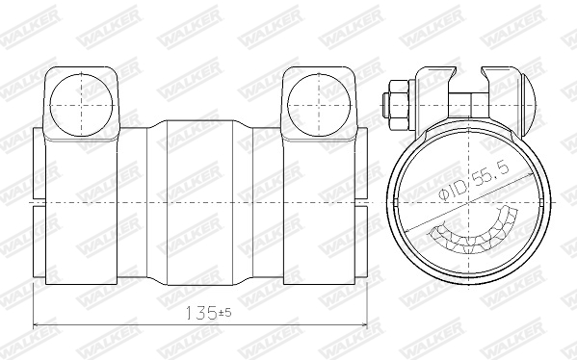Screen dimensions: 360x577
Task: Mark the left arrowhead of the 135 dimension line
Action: pos(39,323)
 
